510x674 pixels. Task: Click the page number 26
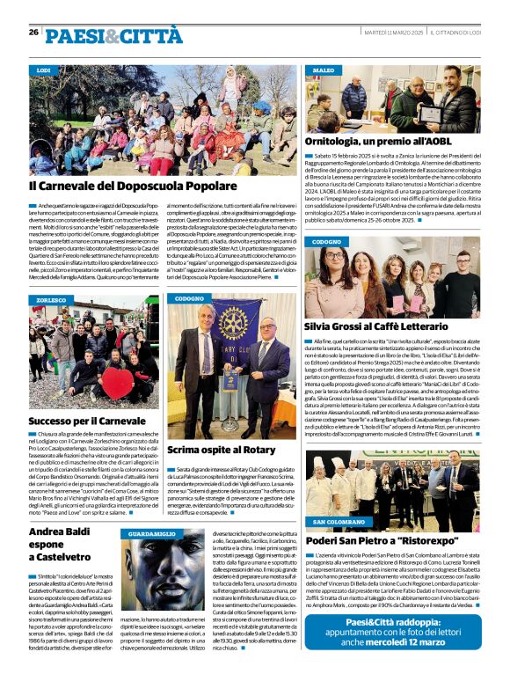33,32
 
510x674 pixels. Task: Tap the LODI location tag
44,70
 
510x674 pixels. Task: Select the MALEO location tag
323,70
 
